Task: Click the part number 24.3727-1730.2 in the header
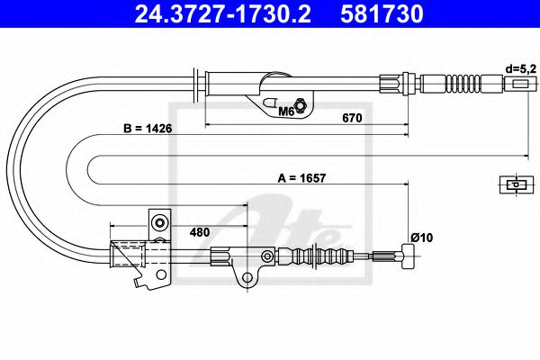[x=223, y=13]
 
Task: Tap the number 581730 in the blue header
[x=382, y=13]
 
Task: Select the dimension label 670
[x=352, y=118]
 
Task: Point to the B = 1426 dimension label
[x=148, y=129]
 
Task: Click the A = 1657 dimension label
[x=301, y=178]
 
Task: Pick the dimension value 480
[x=200, y=232]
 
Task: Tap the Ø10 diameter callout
[x=421, y=238]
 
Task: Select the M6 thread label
[x=285, y=112]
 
